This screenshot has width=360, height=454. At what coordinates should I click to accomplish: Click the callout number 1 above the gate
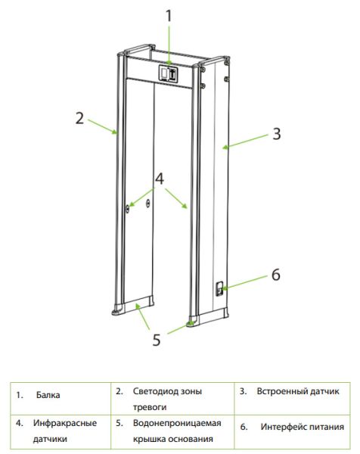point(169,15)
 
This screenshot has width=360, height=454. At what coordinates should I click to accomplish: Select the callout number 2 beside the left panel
point(79,118)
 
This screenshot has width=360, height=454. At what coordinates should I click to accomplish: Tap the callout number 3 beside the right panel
point(277,134)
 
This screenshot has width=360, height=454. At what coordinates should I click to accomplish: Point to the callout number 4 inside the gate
point(160,179)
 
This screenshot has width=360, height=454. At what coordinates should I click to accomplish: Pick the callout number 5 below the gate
point(157,340)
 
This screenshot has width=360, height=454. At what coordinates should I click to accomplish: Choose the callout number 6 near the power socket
point(276,275)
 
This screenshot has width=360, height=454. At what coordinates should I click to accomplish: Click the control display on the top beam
point(168,73)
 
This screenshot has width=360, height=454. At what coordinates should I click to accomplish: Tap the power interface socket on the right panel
point(219,288)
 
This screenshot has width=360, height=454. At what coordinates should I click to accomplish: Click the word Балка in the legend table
point(48,395)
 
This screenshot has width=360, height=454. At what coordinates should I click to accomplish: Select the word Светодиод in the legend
point(155,391)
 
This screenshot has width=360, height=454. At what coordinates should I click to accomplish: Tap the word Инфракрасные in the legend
point(65,423)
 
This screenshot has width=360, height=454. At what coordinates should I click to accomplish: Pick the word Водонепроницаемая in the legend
point(177,423)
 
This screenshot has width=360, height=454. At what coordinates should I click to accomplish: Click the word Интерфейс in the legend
point(283,427)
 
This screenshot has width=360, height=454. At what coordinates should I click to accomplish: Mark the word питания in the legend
point(326,427)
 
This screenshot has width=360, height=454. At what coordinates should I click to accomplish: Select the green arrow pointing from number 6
point(245,282)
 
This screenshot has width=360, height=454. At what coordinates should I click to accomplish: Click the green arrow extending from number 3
point(245,141)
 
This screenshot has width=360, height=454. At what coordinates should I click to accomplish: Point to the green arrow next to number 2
point(103,126)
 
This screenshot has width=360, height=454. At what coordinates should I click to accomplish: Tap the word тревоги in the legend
point(150,407)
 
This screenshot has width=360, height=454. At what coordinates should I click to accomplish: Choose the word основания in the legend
point(190,439)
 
